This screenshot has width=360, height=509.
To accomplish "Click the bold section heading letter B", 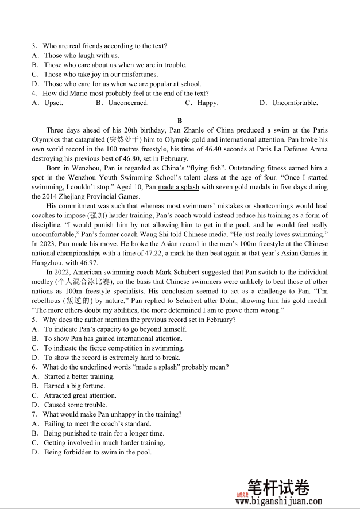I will pos(180,121).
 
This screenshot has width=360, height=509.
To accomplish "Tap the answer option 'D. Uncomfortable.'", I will pos(288,103).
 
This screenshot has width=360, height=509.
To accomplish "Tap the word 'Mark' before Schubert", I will pos(164,272).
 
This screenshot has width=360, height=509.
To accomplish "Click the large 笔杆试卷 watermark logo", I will pos(278,488).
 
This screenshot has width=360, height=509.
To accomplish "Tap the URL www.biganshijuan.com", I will pos(278,501).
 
